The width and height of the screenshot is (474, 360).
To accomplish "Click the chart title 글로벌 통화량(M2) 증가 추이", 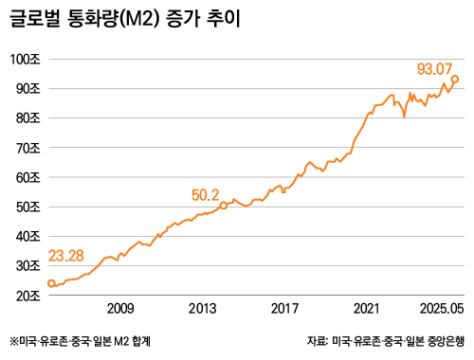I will tap(124, 19).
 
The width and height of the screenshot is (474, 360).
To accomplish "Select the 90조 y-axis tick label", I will tap(28, 88).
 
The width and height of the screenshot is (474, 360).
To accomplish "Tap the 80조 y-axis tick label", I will tap(28, 118).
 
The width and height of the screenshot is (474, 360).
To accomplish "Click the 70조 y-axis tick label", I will tap(28, 148).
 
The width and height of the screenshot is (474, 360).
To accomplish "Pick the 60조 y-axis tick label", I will tap(28, 177).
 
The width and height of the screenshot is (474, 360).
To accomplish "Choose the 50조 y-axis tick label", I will tap(28, 207).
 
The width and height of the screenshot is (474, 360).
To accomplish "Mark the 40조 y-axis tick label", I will tap(28, 237).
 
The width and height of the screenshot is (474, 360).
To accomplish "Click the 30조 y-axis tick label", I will tap(28, 266).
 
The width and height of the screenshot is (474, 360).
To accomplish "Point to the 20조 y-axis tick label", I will tap(28, 296).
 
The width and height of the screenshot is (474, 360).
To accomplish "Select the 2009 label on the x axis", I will tap(120, 309).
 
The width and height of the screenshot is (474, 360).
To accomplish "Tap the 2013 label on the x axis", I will tap(203, 309).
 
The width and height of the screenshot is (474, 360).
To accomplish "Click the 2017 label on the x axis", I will tap(285, 309).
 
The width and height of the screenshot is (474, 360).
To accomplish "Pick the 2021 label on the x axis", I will tap(367, 309).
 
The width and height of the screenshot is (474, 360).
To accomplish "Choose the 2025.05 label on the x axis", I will tap(442, 309).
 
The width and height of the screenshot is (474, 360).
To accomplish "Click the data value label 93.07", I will tap(436, 68).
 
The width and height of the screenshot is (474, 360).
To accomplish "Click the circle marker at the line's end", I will tap(455, 80).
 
